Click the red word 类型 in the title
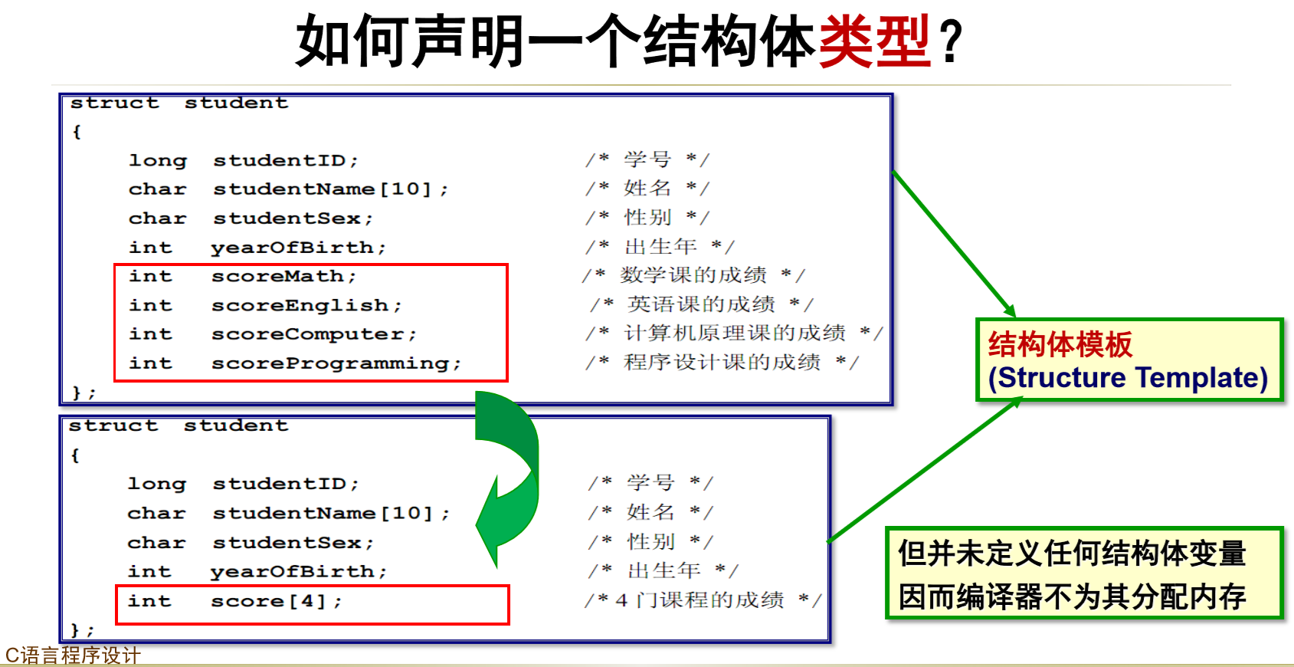coord(874,41)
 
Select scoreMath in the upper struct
coord(283,276)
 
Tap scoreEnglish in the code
coord(306,305)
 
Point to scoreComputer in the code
coord(313,334)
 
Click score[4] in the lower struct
coord(276,601)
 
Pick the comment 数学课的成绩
coord(693,274)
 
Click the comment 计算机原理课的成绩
coord(735,333)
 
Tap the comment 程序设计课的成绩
coord(722,362)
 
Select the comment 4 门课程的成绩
coord(700,600)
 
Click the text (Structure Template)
coord(1128,377)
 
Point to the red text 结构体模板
coord(1060,344)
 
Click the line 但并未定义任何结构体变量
coord(1072,553)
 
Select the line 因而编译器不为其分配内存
coord(1072,596)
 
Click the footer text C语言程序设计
coord(73,655)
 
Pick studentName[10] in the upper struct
coord(330,189)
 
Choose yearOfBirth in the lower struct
coord(298,572)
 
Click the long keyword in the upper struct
coord(157,160)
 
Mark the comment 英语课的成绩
coord(701,304)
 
